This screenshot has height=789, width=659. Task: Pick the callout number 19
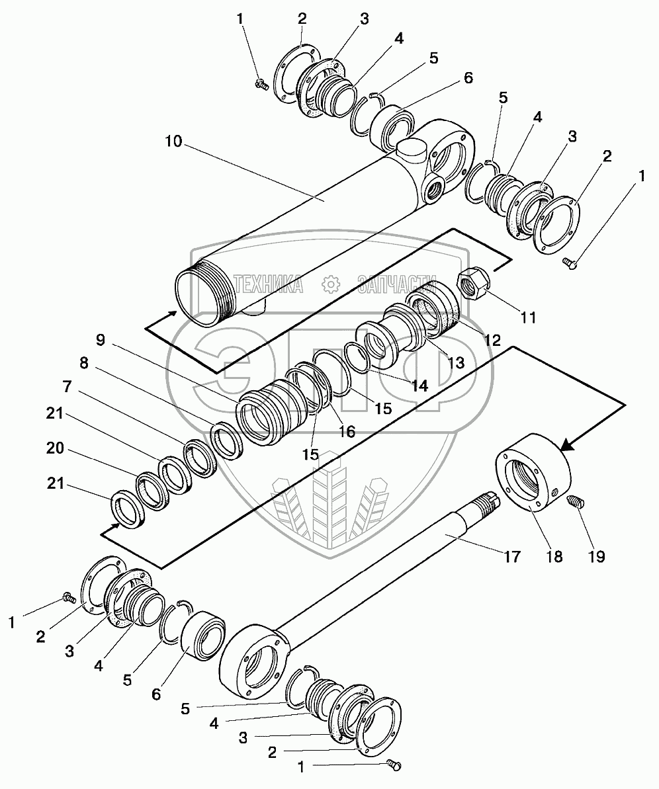tap(596, 556)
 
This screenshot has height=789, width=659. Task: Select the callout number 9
tap(100, 340)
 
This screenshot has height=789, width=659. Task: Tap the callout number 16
tap(347, 431)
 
